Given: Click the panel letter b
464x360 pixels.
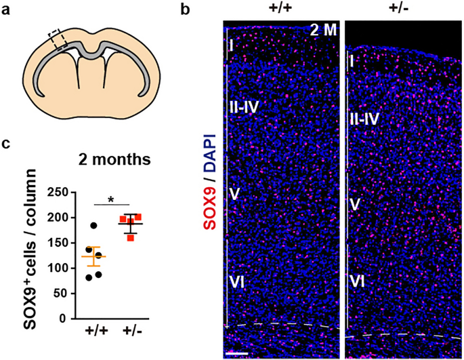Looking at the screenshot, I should point(189,10).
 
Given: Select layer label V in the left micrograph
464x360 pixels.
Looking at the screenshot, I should point(233,195).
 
